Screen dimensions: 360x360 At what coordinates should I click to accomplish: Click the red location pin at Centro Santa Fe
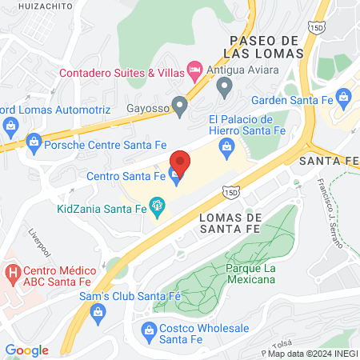(x=180, y=162)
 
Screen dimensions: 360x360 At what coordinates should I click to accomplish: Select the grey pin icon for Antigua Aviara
(x=225, y=85)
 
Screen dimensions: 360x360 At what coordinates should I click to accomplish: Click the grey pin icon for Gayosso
(x=181, y=105)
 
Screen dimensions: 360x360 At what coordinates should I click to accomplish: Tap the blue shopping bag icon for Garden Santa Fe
(x=345, y=100)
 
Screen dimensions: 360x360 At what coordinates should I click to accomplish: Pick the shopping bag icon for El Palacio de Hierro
(x=226, y=146)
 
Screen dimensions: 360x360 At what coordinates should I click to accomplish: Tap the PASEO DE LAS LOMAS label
(x=264, y=46)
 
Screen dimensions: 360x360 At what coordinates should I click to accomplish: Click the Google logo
(x=27, y=350)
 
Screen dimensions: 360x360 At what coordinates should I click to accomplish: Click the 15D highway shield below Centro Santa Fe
(x=232, y=193)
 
